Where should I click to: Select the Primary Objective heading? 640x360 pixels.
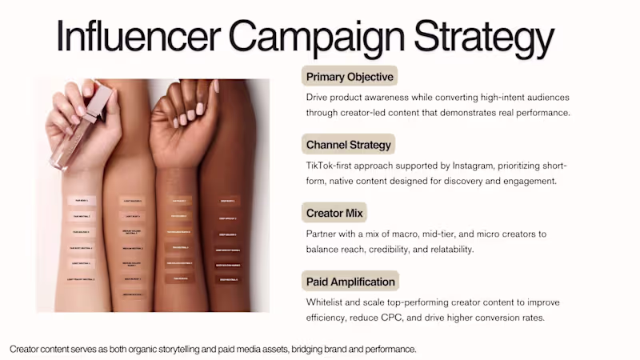click(349, 77)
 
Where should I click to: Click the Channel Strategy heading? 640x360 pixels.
click(349, 145)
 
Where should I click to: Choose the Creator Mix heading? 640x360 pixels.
click(334, 214)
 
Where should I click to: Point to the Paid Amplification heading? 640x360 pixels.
click(350, 282)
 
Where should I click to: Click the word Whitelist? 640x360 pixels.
click(326, 302)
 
